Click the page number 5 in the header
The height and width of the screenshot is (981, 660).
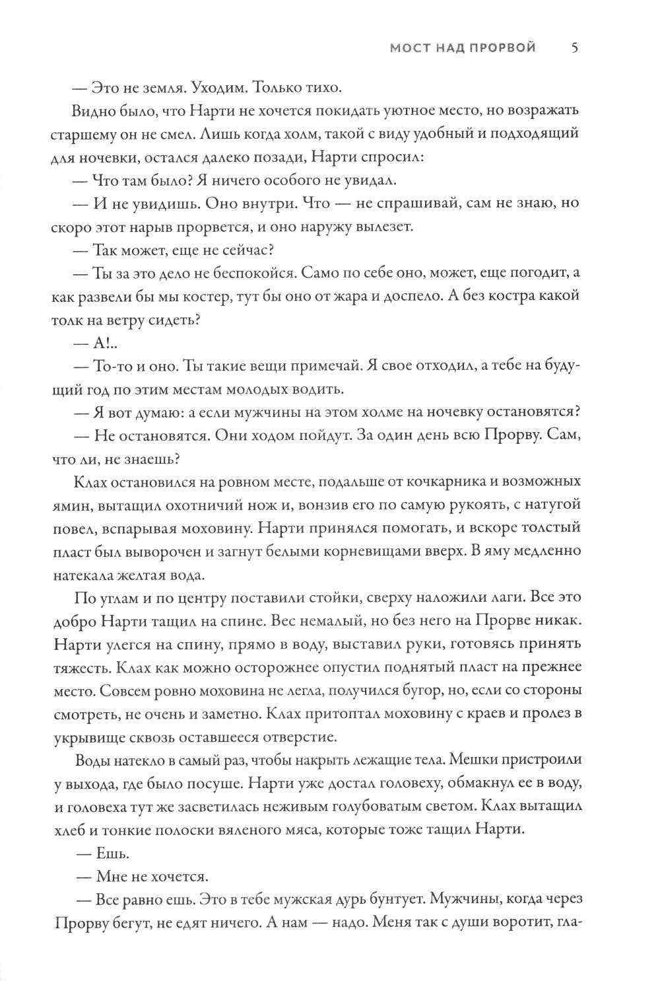click(x=574, y=48)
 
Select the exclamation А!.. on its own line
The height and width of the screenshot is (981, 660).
click(x=107, y=342)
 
